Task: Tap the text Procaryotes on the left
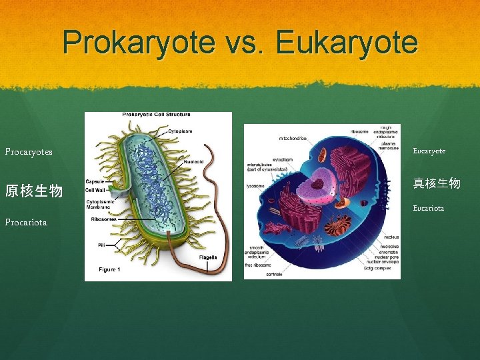(x=29, y=151)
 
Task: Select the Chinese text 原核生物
(x=34, y=191)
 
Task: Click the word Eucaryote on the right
(x=429, y=151)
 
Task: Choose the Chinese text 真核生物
(x=437, y=183)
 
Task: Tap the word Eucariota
(x=429, y=208)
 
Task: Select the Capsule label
(x=95, y=180)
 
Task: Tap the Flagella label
(x=208, y=257)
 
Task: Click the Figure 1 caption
(x=109, y=269)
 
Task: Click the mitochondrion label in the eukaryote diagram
(x=293, y=139)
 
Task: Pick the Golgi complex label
(x=378, y=268)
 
